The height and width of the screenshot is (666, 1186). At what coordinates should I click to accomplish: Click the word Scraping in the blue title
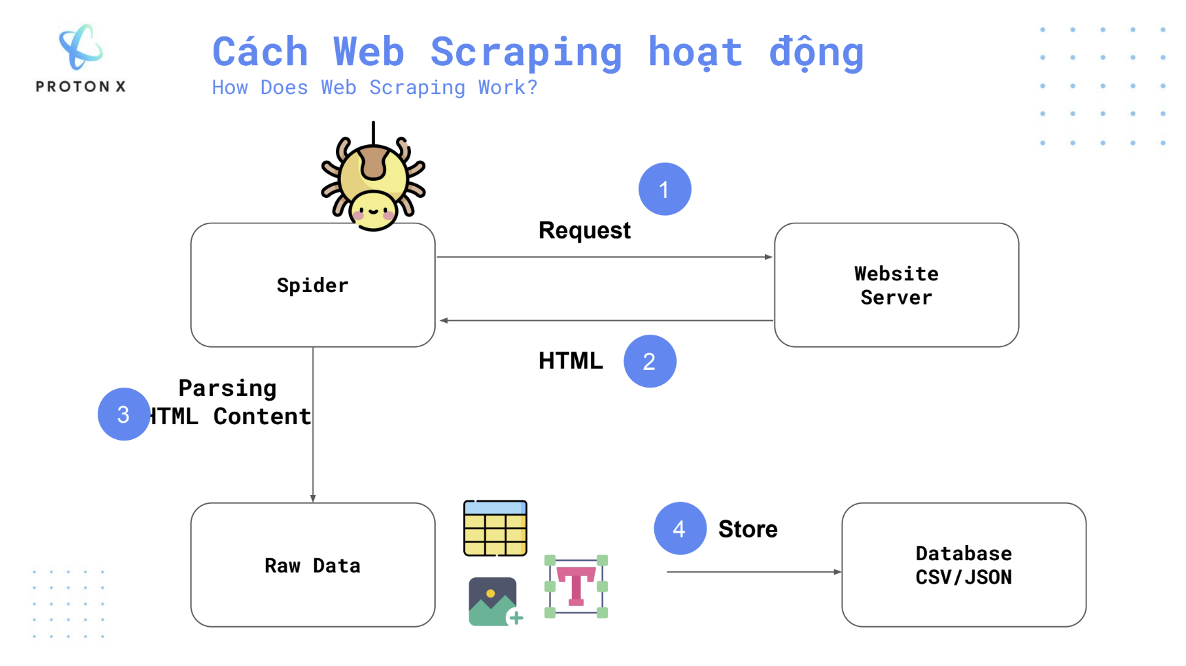pyautogui.click(x=526, y=54)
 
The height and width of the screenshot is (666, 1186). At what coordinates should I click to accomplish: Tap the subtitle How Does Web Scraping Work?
pyautogui.click(x=374, y=87)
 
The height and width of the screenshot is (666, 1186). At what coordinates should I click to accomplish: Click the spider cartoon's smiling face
pyautogui.click(x=373, y=210)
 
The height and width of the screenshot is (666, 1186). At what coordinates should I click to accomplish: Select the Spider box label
pyautogui.click(x=313, y=285)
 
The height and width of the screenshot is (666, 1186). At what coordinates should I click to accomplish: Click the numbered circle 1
pyautogui.click(x=664, y=189)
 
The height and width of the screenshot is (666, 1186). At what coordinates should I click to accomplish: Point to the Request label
pyautogui.click(x=584, y=231)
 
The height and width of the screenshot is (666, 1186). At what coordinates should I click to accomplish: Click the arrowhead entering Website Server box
pyautogui.click(x=769, y=257)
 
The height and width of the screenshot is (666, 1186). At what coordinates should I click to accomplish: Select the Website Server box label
pyautogui.click(x=896, y=285)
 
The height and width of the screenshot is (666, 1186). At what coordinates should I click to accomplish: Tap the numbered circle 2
pyautogui.click(x=649, y=361)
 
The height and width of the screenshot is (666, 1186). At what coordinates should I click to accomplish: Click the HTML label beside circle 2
pyautogui.click(x=570, y=361)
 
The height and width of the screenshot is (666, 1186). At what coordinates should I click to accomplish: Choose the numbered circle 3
pyautogui.click(x=124, y=414)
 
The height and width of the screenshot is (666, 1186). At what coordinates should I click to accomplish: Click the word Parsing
pyautogui.click(x=227, y=389)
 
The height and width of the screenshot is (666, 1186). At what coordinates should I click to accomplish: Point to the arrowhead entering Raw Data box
pyautogui.click(x=313, y=498)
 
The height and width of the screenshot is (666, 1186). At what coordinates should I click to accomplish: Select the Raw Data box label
pyautogui.click(x=313, y=566)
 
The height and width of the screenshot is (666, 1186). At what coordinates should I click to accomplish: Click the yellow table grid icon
pyautogui.click(x=495, y=528)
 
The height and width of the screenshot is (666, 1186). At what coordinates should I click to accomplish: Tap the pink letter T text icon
pyautogui.click(x=576, y=586)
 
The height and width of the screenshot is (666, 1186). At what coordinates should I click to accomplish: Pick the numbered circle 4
pyautogui.click(x=680, y=529)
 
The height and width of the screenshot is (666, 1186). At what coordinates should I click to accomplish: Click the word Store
pyautogui.click(x=748, y=529)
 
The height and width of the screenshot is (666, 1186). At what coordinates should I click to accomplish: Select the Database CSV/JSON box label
pyautogui.click(x=963, y=565)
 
